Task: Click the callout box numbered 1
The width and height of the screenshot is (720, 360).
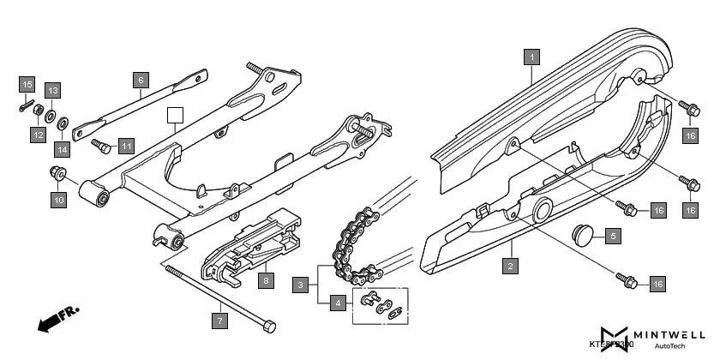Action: (532, 58)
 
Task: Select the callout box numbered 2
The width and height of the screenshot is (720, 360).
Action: (511, 266)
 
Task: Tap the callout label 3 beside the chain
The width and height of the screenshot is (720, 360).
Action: (301, 284)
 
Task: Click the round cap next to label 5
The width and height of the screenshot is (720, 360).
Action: (585, 234)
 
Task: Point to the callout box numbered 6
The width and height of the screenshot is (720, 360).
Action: (141, 80)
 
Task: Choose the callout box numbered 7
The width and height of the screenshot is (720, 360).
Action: (220, 321)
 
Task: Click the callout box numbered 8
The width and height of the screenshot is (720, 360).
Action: (267, 279)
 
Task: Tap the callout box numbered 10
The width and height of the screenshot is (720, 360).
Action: (58, 201)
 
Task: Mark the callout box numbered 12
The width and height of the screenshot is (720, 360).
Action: (39, 135)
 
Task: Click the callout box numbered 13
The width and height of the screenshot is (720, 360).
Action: (52, 91)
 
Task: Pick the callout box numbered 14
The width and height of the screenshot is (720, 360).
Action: (62, 150)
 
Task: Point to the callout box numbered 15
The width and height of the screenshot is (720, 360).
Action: (27, 85)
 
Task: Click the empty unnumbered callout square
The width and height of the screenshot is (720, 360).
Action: (176, 115)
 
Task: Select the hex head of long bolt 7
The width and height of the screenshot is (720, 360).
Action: (271, 327)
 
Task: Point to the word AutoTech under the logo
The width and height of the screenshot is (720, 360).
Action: (669, 346)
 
